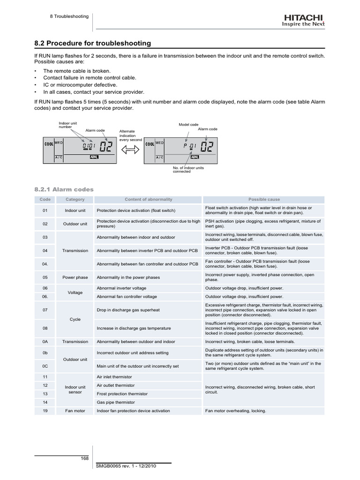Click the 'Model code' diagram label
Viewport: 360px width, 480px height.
(188, 125)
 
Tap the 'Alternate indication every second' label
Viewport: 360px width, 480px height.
(130, 135)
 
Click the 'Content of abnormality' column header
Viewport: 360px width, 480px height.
(148, 199)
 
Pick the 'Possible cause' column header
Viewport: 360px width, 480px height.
(264, 199)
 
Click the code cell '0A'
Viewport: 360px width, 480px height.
(45, 342)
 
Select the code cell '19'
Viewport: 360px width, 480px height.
(45, 411)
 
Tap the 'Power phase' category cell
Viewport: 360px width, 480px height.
(75, 277)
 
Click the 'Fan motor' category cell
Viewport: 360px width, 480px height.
(75, 411)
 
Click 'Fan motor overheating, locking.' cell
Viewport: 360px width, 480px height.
(236, 411)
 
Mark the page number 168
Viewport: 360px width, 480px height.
(85, 458)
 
